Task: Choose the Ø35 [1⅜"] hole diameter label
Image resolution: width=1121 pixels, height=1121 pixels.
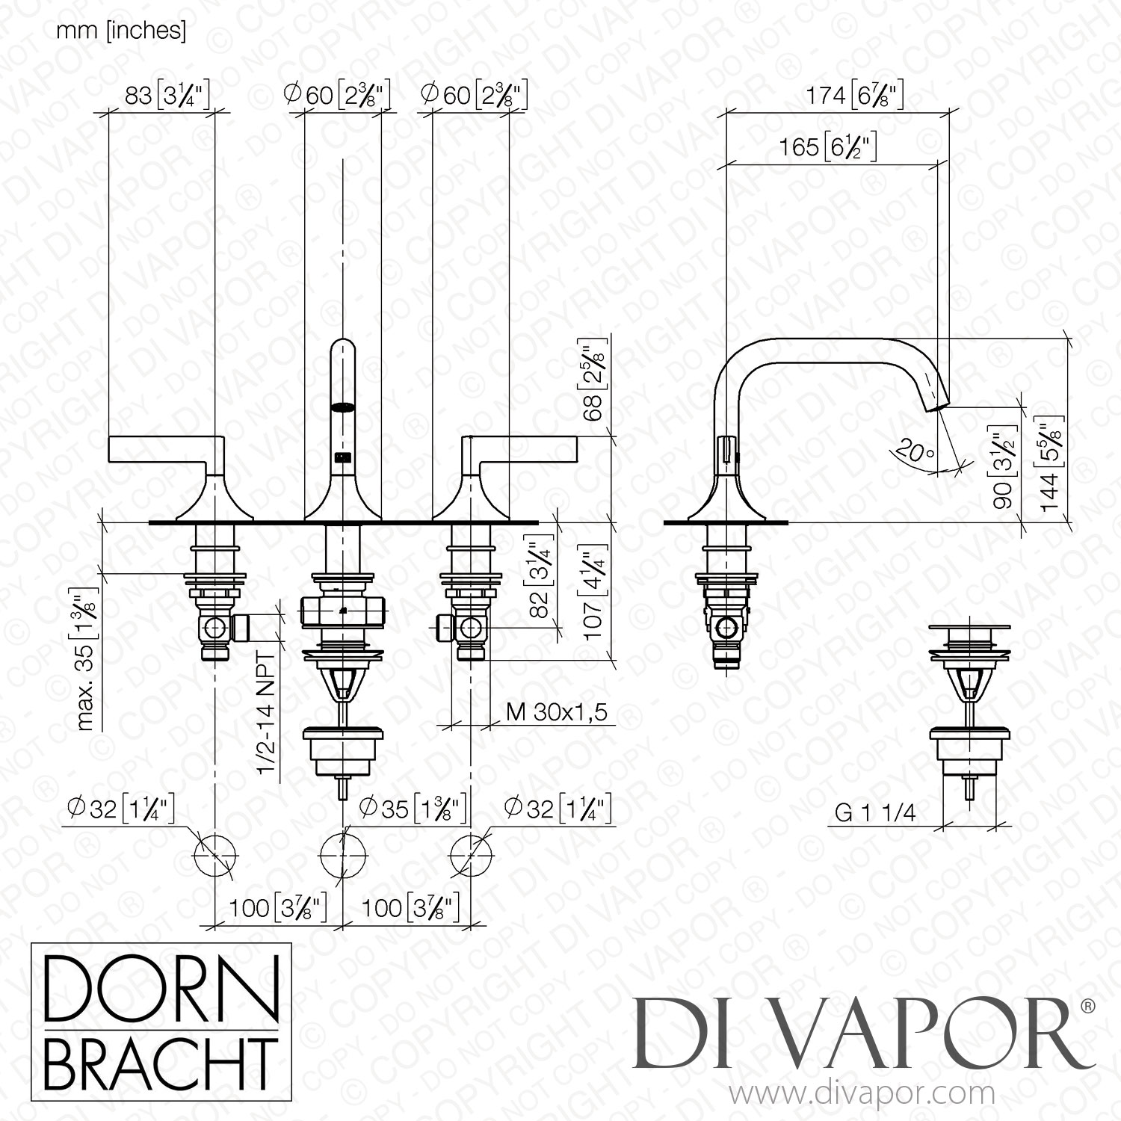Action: tap(412, 808)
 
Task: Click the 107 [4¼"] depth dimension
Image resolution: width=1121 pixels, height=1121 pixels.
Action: tap(593, 596)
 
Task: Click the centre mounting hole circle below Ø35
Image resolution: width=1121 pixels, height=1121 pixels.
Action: tap(344, 853)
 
